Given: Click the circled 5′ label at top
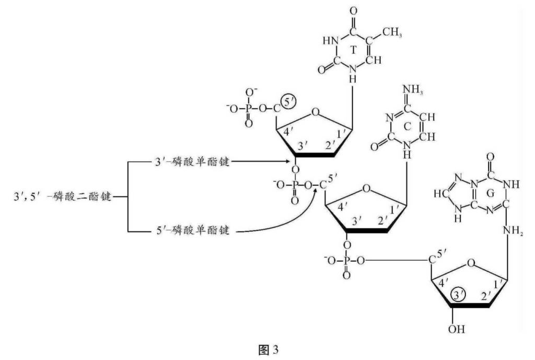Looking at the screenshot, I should pos(287,98).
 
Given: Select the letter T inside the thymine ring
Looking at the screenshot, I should pos(354,50).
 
